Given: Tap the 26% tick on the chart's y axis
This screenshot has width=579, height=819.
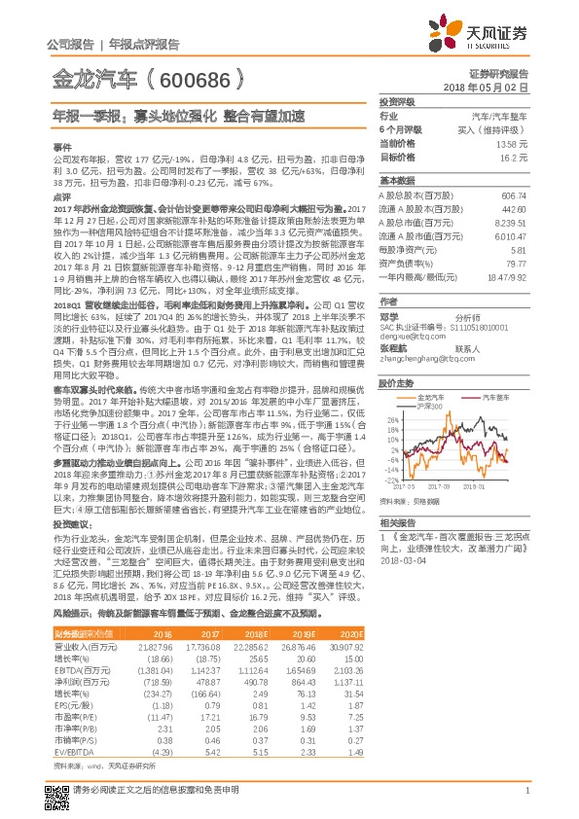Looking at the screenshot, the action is tap(390, 420).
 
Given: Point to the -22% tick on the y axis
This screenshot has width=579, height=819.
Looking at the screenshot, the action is tap(389, 480).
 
